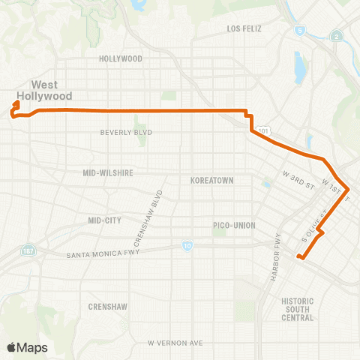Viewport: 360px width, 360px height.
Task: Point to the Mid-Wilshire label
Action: pyautogui.click(x=108, y=172)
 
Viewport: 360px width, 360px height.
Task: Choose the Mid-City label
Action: pyautogui.click(x=104, y=220)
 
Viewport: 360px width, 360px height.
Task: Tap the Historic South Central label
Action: pyautogui.click(x=298, y=309)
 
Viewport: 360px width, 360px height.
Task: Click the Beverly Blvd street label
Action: pyautogui.click(x=126, y=133)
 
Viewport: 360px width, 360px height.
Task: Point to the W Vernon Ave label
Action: pyautogui.click(x=175, y=343)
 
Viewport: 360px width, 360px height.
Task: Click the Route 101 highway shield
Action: pyautogui.click(x=262, y=131)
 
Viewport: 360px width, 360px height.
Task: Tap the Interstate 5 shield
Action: pyautogui.click(x=300, y=31)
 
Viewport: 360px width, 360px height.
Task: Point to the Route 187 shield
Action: pyautogui.click(x=28, y=248)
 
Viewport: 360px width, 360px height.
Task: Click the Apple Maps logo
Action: pyautogui.click(x=27, y=347)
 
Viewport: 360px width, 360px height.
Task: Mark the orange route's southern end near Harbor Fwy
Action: pyautogui.click(x=299, y=258)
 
